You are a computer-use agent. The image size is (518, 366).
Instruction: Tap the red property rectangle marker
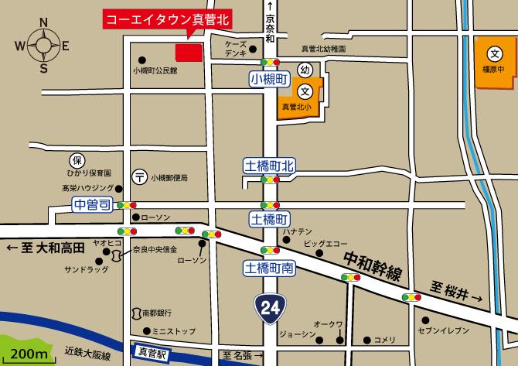188,52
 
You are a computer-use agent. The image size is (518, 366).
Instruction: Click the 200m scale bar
28,354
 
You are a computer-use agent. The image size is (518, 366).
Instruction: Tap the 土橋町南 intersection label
268,269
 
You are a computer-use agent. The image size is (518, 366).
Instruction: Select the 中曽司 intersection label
93,204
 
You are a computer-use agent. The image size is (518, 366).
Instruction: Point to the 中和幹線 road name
374,265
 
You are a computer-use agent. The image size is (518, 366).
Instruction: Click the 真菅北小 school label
295,108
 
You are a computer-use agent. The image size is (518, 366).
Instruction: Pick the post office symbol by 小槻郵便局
139,177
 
